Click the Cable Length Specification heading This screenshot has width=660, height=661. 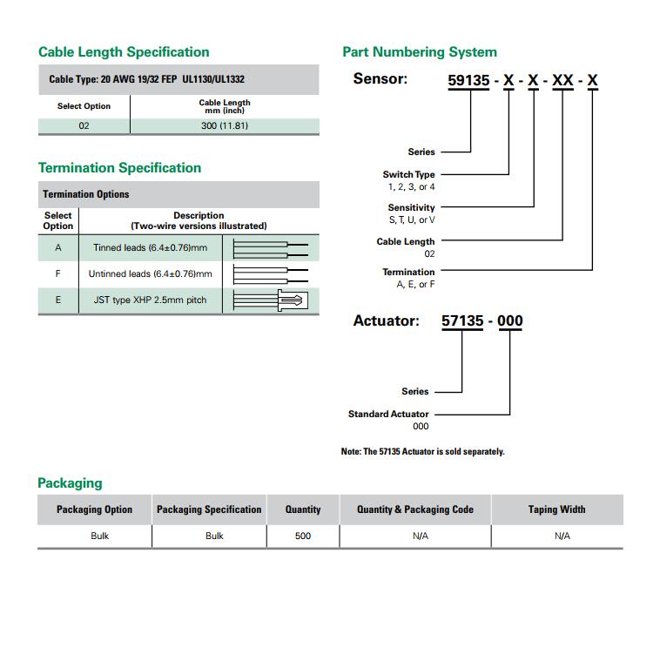pos(124,52)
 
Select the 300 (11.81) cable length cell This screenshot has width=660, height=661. pos(224,125)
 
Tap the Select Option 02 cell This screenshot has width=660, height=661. pos(84,125)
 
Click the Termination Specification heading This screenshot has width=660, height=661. pos(119,168)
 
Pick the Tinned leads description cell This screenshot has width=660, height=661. pos(150,248)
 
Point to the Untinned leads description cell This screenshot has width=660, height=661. pos(150,274)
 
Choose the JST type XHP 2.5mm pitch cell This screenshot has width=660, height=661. pos(150,300)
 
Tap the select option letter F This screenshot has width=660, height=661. pos(58,274)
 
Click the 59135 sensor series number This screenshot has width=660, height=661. pos(470,82)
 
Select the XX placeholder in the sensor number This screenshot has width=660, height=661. pos(563,82)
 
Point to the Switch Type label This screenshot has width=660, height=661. pos(408,174)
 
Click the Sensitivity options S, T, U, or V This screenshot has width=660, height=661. pos(411,219)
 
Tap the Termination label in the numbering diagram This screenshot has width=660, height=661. pos(408,272)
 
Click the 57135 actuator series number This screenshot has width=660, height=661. pos(462,320)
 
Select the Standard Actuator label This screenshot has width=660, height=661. pos(387,414)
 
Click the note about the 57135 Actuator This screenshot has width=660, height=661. pos(422,451)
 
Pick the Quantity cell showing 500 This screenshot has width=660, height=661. pos(302,536)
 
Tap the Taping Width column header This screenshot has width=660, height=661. pos(556,509)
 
